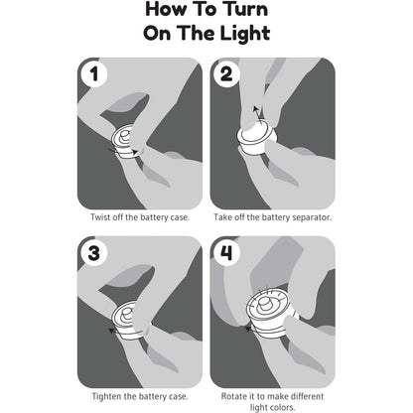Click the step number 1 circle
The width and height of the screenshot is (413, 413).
click(x=94, y=73)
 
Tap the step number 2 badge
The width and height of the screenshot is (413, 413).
click(x=226, y=73)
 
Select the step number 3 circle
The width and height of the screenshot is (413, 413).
click(x=94, y=253)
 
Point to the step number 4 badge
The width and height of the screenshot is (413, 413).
click(x=226, y=253)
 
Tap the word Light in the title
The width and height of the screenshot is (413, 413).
click(x=245, y=34)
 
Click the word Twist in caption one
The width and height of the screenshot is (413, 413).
click(x=100, y=217)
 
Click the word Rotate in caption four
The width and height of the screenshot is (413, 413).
click(x=233, y=396)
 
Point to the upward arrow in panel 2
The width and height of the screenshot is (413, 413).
click(x=257, y=115)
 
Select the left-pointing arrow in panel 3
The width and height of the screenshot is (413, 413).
click(x=126, y=331)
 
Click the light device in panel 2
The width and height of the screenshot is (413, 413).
click(x=257, y=138)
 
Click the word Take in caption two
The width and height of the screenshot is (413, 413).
click(x=222, y=217)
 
